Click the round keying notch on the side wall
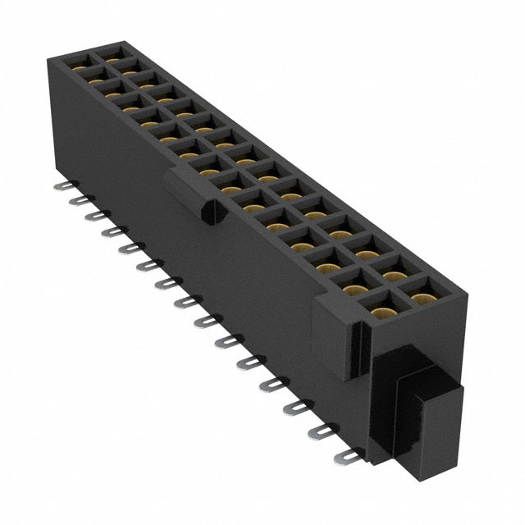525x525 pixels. pos(208,212)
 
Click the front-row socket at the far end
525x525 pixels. pos(81,72)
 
